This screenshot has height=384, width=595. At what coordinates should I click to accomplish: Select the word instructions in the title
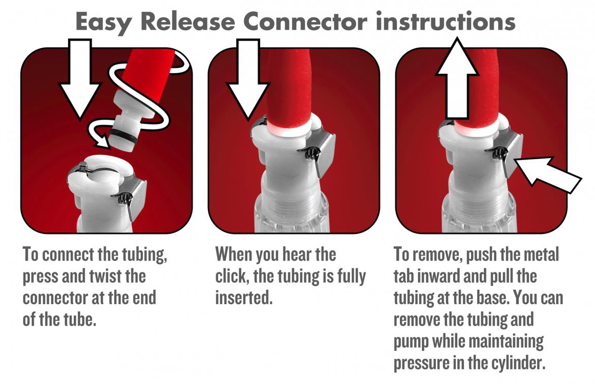pos(445,22)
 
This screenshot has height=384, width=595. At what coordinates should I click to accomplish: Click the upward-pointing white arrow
pos(457,78)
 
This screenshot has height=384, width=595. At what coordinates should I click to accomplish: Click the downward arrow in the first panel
pos(80,79)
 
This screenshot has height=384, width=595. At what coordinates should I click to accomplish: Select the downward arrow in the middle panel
pos(248,79)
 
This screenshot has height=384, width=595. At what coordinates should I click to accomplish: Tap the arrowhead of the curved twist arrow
pos(102,141)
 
